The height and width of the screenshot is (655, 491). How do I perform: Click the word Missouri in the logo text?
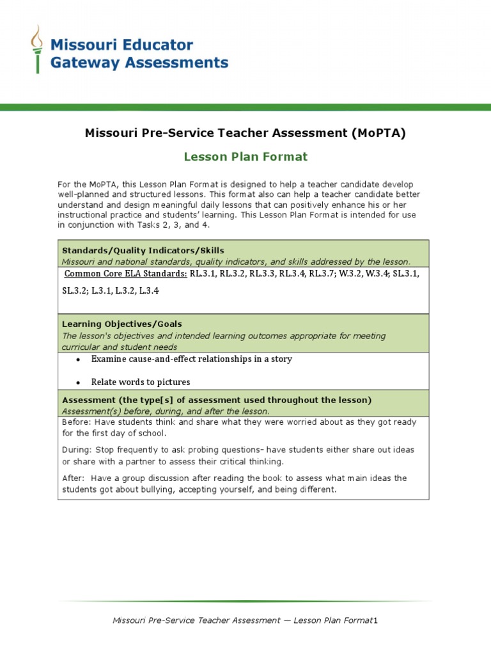click(x=79, y=45)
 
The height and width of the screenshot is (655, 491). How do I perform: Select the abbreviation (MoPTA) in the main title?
click(x=378, y=133)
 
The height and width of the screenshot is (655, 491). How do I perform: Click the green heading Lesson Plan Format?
click(x=245, y=157)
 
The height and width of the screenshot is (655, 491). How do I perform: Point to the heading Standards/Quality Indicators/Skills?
click(x=143, y=250)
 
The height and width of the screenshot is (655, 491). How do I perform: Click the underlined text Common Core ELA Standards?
click(x=126, y=274)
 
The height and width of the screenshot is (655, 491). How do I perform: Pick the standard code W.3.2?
click(x=350, y=274)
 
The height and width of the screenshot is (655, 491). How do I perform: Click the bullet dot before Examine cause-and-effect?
click(x=78, y=359)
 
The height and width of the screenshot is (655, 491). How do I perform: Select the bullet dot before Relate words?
click(x=78, y=383)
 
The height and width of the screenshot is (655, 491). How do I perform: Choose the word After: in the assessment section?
click(x=74, y=478)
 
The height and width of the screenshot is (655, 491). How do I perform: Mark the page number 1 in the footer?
click(x=377, y=620)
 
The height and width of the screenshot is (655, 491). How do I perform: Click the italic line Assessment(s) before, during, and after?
click(x=166, y=411)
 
